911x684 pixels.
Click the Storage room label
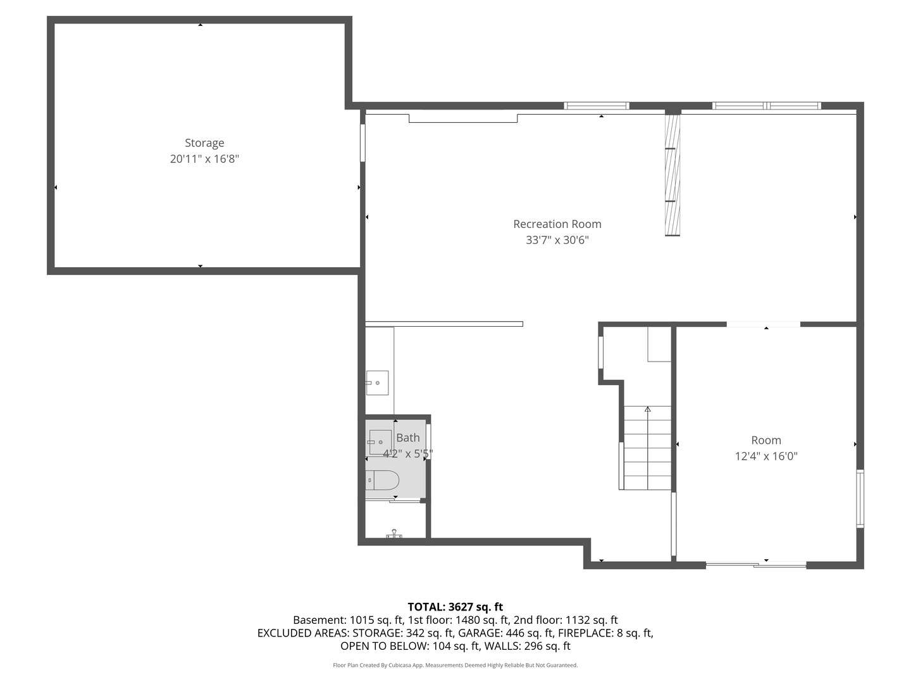click(204, 143)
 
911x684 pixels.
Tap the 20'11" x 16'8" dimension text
click(204, 159)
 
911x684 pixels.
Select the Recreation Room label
click(557, 224)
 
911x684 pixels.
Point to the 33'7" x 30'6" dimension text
click(557, 240)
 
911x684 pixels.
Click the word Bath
click(407, 438)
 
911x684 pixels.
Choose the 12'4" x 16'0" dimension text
click(766, 456)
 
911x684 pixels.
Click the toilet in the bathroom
click(382, 480)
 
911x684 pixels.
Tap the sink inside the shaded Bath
click(380, 442)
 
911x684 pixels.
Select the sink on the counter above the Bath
click(377, 383)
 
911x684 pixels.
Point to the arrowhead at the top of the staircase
click(647, 409)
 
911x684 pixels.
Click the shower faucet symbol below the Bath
click(394, 533)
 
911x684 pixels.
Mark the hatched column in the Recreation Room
click(672, 175)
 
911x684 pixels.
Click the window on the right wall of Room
click(860, 498)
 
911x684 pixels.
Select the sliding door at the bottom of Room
click(756, 564)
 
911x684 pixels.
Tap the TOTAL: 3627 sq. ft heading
click(455, 607)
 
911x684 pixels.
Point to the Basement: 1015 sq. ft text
click(348, 620)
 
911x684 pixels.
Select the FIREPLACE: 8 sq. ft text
click(605, 633)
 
